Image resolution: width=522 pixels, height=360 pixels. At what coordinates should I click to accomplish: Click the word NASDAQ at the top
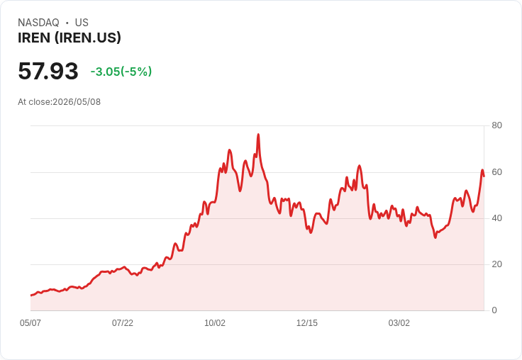[x=38, y=23]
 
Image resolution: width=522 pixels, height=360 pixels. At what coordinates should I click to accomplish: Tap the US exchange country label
[x=82, y=23]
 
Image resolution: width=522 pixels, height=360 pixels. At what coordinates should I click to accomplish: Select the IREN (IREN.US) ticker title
[x=70, y=38]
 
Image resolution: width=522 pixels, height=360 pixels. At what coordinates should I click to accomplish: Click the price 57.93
[x=48, y=71]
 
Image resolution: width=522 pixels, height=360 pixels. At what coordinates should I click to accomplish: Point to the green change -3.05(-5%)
[x=121, y=72]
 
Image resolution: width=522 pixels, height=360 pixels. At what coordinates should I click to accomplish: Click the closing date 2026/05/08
[x=77, y=102]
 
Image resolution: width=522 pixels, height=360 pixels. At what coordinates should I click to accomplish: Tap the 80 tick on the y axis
[x=496, y=125]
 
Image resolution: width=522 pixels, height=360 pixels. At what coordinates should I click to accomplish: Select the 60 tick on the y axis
[x=496, y=172]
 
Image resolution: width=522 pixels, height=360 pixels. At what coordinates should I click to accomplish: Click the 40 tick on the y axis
[x=496, y=218]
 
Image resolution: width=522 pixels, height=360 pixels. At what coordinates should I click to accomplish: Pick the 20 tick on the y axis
[x=496, y=264]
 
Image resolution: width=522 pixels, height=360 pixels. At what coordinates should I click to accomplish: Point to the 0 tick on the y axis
[x=494, y=310]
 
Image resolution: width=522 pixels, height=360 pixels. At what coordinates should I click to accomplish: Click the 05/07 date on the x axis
[x=30, y=323]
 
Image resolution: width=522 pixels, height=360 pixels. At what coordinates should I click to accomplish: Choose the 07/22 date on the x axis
[x=123, y=323]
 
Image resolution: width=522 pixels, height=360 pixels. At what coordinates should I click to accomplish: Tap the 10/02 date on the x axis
[x=215, y=323]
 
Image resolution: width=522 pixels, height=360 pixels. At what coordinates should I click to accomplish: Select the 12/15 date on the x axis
[x=307, y=323]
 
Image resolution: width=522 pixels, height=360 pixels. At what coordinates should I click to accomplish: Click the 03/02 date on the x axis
[x=399, y=323]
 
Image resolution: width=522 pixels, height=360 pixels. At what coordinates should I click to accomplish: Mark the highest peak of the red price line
[x=258, y=135]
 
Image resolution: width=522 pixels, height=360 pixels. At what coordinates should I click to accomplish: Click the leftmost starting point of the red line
[x=31, y=295]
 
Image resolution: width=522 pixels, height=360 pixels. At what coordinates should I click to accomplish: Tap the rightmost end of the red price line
[x=484, y=176]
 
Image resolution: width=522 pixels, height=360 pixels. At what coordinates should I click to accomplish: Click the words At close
[x=34, y=102]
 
